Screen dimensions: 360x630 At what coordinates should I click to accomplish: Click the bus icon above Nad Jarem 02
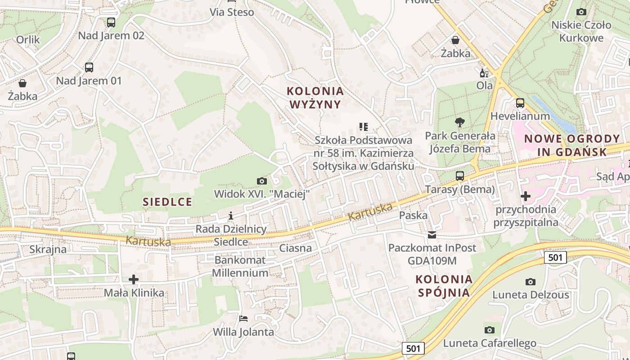point(111,22)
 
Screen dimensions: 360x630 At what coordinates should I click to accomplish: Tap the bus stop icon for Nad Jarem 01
point(89,67)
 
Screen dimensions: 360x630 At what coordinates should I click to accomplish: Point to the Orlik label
point(28,40)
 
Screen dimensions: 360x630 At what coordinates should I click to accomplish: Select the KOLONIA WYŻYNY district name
point(315,98)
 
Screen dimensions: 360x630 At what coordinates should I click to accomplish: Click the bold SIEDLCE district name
point(167,202)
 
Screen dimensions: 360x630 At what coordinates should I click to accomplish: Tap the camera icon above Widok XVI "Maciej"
point(261,181)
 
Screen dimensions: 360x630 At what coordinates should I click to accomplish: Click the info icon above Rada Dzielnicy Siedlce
point(231,216)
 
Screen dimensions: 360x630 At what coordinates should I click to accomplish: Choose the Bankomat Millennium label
point(240,266)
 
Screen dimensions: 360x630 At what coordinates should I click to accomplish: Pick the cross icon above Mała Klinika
point(134,279)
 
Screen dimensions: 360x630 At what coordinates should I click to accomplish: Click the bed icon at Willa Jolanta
point(243,319)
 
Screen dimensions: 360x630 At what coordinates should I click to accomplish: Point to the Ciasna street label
point(295,248)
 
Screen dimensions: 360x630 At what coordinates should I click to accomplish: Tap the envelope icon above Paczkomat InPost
point(432,234)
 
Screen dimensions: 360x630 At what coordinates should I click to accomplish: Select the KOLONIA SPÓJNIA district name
point(444,286)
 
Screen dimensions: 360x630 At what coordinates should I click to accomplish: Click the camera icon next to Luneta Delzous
point(531,282)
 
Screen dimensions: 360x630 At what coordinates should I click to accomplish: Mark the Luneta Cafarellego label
point(490,343)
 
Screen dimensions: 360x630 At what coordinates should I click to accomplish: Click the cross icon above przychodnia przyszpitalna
point(525,196)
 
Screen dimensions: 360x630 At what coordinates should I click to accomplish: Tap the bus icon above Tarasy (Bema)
point(460,176)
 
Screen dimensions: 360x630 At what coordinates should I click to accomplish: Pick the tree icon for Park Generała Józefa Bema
point(459,122)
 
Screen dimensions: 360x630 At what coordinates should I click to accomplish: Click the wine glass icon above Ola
point(484,72)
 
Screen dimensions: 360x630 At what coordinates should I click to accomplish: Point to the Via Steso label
point(232,12)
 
